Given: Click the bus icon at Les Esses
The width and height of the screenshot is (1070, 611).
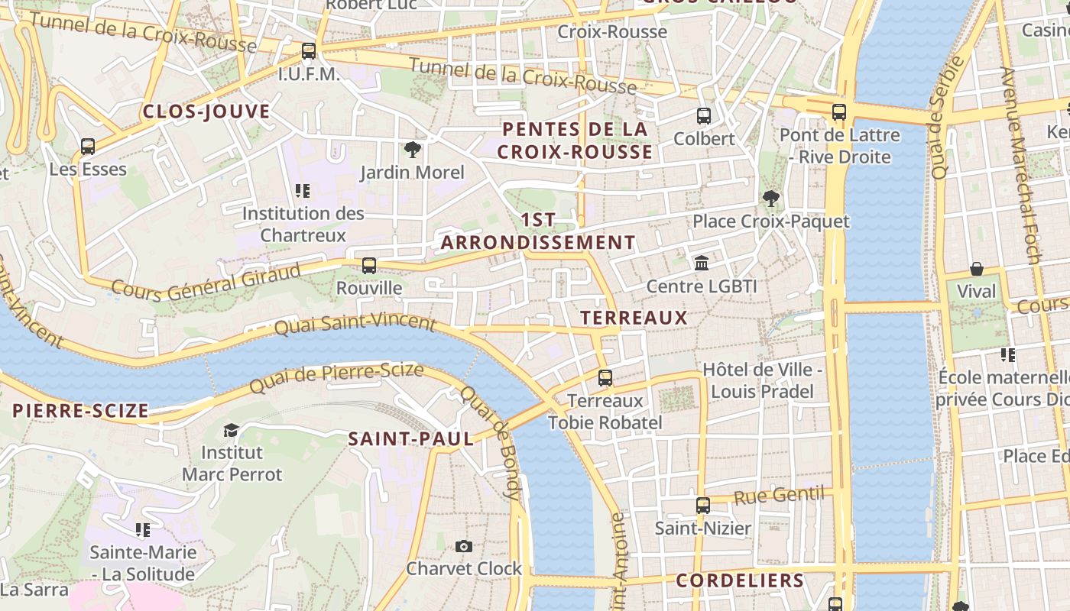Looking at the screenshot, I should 88,146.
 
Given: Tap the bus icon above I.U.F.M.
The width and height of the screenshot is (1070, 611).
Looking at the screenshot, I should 308,51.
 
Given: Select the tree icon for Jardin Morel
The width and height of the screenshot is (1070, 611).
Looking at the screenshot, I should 413,149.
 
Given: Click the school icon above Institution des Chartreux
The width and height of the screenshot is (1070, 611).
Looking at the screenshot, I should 302,190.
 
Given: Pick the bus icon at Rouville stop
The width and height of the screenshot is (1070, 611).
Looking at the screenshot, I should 369,265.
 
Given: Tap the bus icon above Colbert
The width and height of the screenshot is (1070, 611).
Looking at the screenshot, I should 704,116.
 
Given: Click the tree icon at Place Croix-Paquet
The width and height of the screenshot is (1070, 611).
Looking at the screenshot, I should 770,199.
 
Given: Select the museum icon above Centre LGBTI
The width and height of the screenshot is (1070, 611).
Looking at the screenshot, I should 701,263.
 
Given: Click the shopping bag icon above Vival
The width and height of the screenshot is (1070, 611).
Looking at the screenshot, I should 976,268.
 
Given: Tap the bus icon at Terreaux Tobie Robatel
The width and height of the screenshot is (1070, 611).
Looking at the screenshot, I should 605,377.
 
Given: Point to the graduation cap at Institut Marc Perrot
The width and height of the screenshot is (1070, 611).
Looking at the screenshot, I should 231,431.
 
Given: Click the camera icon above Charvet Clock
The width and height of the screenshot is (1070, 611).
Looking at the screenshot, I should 463,546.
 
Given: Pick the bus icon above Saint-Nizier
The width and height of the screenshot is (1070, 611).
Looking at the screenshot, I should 702,505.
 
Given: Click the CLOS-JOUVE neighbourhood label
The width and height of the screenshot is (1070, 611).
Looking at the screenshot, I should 206,112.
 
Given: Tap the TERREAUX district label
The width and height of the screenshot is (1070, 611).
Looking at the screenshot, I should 634,318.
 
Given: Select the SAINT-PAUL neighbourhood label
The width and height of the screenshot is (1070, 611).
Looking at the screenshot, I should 411,439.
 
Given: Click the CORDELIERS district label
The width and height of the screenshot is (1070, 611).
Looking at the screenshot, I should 740,580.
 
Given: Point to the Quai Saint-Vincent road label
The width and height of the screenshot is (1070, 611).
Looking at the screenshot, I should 355,324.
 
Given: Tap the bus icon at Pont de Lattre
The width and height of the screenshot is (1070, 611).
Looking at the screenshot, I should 838,112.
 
